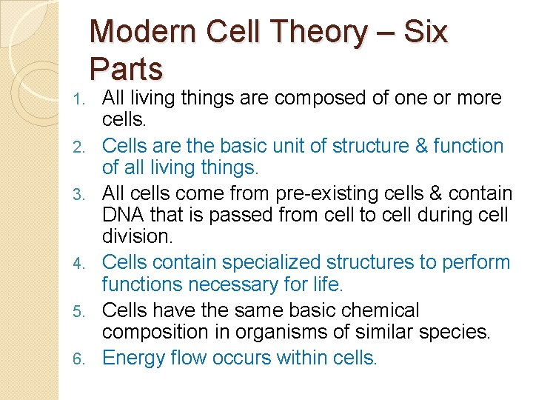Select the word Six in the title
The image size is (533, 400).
[x=427, y=33]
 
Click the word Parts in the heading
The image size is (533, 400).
[x=126, y=69]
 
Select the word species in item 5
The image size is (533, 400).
[x=452, y=331]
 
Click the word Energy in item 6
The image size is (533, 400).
[x=132, y=358]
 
